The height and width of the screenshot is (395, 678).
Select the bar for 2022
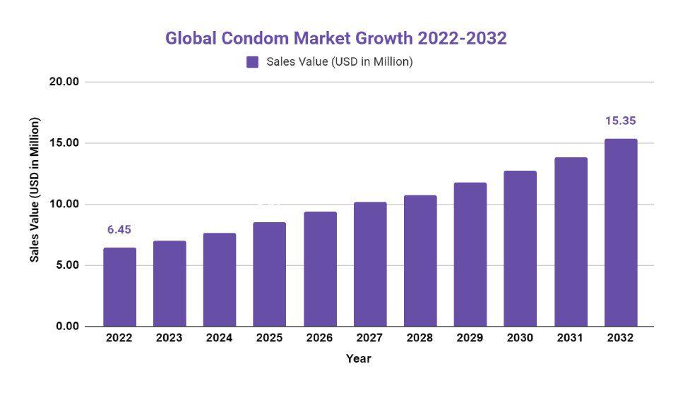tap(119, 287)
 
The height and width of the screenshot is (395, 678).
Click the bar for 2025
tap(269, 274)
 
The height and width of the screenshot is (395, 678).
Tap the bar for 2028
tap(420, 261)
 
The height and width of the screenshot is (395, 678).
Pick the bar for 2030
tap(520, 248)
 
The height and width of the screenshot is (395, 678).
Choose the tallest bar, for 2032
tap(620, 233)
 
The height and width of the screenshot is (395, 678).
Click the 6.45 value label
tap(119, 230)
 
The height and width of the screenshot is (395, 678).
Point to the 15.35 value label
tap(620, 121)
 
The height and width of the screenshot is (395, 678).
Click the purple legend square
tap(252, 62)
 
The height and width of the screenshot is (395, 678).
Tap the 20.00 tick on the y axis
tap(64, 82)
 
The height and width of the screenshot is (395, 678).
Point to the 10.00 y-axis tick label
tap(64, 205)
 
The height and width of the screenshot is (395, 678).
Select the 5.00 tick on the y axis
tap(67, 265)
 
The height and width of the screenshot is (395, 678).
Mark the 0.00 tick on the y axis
tap(67, 327)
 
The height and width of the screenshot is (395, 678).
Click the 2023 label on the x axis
tap(169, 338)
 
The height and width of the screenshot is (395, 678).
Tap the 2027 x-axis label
tap(369, 338)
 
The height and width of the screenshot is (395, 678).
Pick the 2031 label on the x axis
tap(570, 338)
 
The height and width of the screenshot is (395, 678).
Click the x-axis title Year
tap(358, 358)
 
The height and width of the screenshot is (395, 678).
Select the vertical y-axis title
tap(34, 189)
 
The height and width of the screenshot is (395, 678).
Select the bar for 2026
tap(319, 269)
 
